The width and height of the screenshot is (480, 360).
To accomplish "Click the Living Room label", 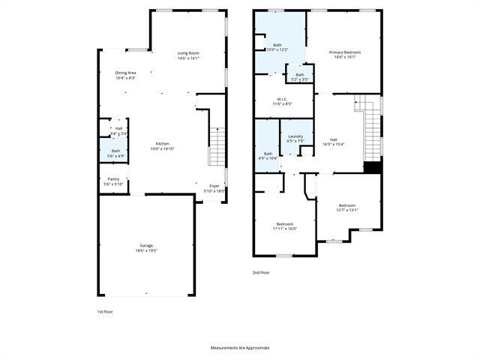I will click(188, 53).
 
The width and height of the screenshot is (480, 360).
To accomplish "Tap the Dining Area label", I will click(125, 73).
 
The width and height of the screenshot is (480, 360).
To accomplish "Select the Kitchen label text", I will click(162, 144).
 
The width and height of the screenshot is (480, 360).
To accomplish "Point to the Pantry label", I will click(113, 179).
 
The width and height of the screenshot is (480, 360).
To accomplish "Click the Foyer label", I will click(214, 185).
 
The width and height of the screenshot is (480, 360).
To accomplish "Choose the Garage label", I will click(146, 246).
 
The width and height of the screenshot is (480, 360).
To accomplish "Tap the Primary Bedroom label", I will click(345, 52).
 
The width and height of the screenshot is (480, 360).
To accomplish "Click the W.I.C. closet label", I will click(282, 100).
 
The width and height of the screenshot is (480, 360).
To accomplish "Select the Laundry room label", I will click(295, 136).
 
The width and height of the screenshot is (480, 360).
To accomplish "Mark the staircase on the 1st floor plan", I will click(217, 146).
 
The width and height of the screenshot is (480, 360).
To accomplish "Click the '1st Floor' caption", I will click(106, 310).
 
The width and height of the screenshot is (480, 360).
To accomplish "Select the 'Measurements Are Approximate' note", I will click(239, 348).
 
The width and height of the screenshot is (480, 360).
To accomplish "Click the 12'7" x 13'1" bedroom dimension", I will click(346, 210).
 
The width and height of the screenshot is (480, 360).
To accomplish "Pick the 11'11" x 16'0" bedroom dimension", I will click(284, 229).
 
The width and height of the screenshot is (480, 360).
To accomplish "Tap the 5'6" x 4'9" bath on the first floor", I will click(115, 156).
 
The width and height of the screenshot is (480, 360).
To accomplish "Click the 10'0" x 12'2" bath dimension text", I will click(277, 50).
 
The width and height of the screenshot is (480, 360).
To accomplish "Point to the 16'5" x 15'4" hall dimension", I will click(333, 144).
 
